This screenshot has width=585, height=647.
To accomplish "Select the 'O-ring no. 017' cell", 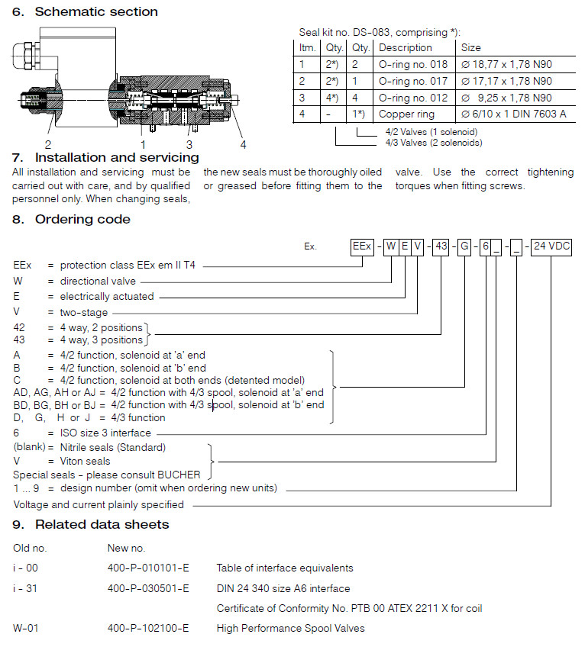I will (x=412, y=81).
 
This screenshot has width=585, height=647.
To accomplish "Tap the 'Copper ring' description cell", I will (x=407, y=114).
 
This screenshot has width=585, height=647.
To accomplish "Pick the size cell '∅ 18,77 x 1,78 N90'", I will (x=506, y=64).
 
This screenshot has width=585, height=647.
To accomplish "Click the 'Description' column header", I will (x=406, y=47).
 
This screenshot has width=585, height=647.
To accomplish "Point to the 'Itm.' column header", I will (x=307, y=47).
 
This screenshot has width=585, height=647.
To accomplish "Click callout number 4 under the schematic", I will (x=244, y=143).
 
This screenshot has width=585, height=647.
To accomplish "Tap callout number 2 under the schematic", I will (x=47, y=143).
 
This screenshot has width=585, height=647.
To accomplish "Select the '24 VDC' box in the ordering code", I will (x=551, y=246).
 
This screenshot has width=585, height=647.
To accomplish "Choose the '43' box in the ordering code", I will (x=441, y=246).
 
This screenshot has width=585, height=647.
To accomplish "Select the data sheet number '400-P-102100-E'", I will (x=148, y=628).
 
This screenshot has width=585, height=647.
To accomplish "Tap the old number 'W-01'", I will (x=26, y=628).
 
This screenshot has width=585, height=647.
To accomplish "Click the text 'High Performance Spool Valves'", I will (x=291, y=628).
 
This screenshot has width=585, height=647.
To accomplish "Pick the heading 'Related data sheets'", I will (x=102, y=524).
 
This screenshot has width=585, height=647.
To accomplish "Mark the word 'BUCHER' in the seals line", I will (x=183, y=475).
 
